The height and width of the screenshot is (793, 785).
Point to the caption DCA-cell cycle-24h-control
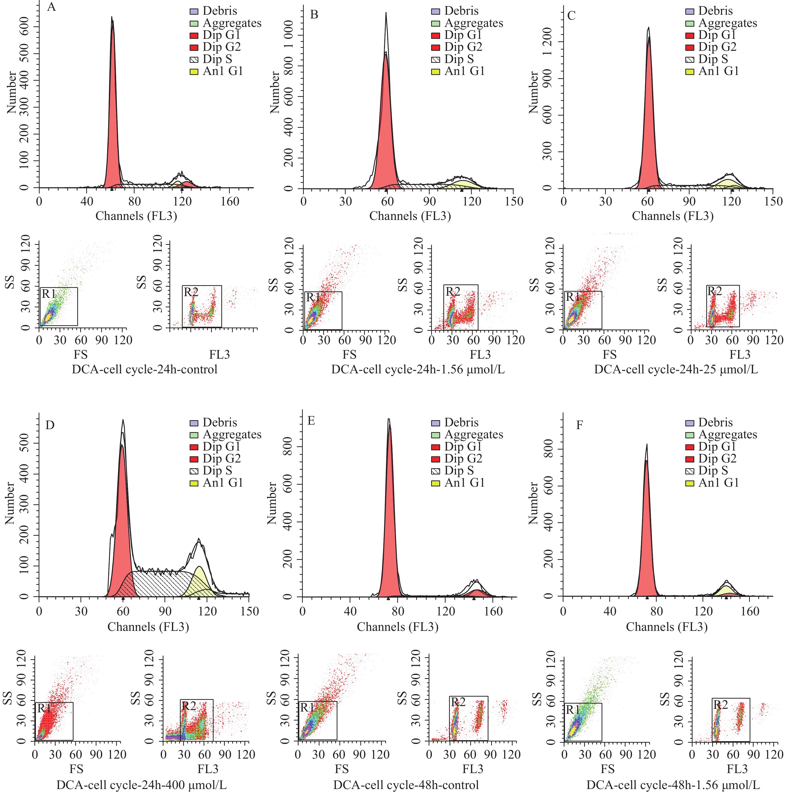pos(145,369)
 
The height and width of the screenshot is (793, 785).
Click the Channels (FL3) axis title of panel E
pos(397,627)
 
